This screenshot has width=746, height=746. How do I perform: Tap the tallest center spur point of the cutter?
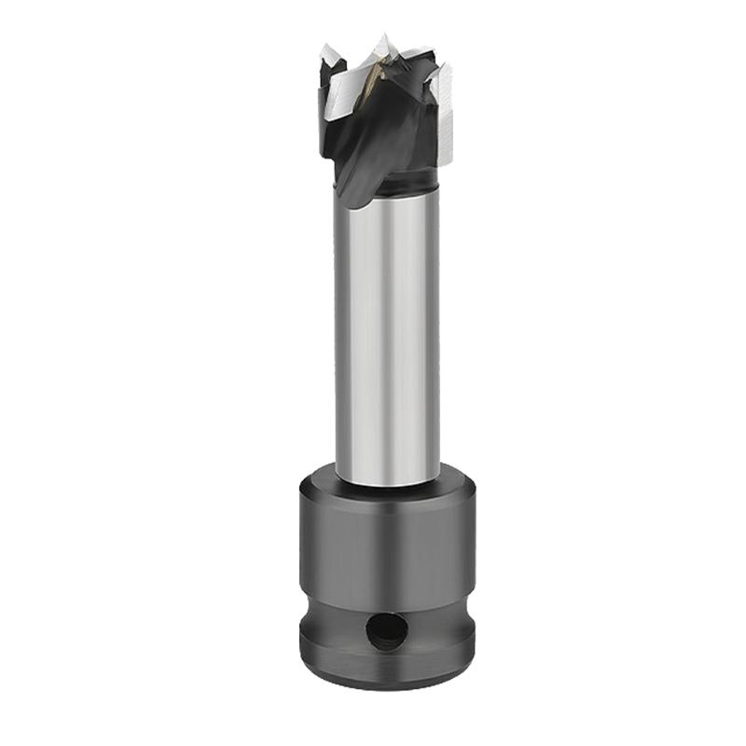(381, 41)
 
